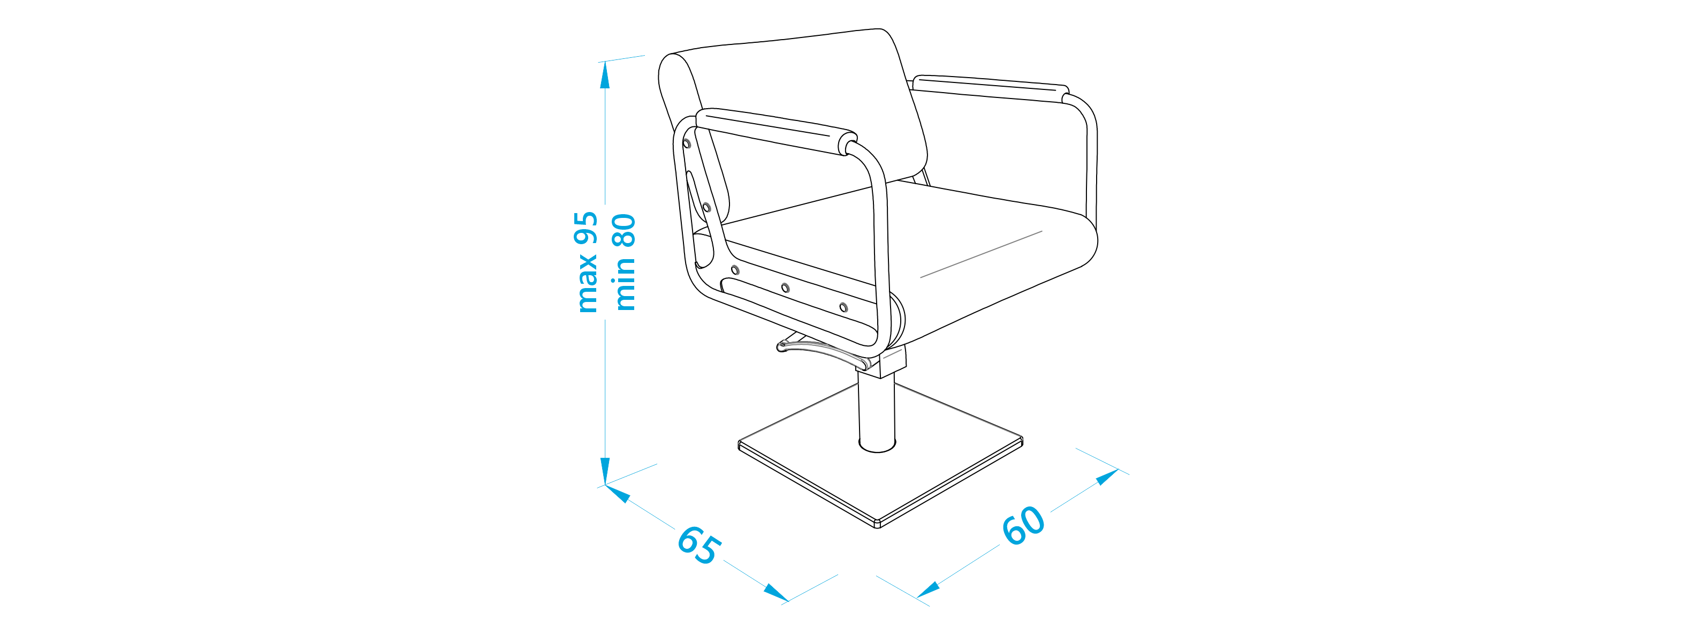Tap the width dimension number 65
coord(699,545)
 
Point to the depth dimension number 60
coord(1023,526)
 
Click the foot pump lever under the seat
coord(823,352)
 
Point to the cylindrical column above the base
coord(877,410)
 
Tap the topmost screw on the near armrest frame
coord(687,143)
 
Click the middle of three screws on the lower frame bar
coord(785,288)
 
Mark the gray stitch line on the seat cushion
coord(981,254)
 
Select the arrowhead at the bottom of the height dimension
coord(604,471)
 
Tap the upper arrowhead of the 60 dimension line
coord(1107,477)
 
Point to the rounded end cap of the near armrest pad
coord(847,143)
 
